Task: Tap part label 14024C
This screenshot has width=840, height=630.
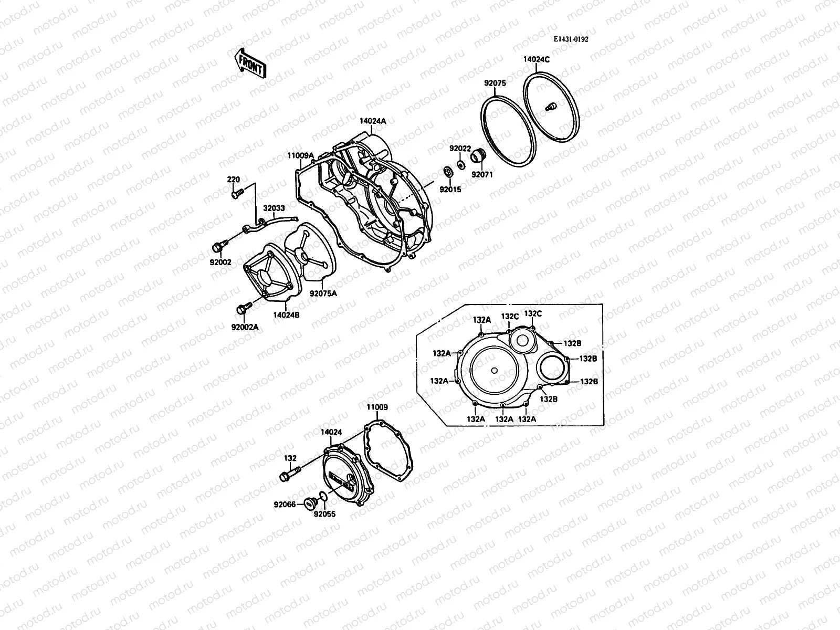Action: pos(536,59)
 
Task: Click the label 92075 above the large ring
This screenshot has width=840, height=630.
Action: pos(494,82)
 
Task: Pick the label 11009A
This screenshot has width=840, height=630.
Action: pos(300,156)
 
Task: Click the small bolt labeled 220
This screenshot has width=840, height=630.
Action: pos(235,194)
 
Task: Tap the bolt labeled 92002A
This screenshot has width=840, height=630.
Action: pos(243,309)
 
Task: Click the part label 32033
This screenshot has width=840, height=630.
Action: pos(274,208)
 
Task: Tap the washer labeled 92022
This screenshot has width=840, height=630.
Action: pos(460,165)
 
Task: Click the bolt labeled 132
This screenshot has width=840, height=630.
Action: pos(289,477)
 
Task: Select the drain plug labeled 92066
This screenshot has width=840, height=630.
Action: pos(309,503)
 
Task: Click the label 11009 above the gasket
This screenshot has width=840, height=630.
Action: pos(377,407)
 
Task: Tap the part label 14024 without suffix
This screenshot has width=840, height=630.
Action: pos(331,432)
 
